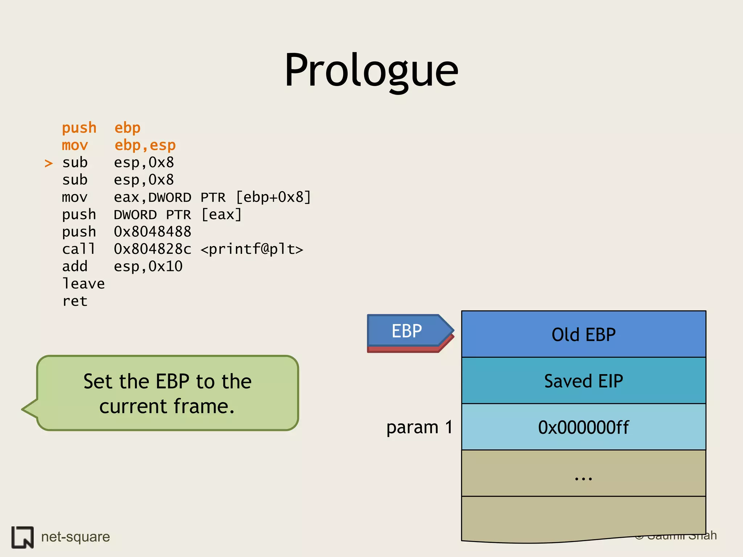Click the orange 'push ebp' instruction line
(x=101, y=128)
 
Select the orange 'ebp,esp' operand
(x=145, y=145)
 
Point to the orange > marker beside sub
(x=49, y=163)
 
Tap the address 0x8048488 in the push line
(x=152, y=232)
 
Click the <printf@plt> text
(x=251, y=249)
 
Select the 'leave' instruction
(x=83, y=284)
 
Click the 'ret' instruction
(x=75, y=301)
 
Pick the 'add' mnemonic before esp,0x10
(x=75, y=267)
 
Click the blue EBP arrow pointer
(x=407, y=331)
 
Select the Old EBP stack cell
(x=583, y=334)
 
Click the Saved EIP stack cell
(x=583, y=381)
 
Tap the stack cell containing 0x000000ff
(x=583, y=427)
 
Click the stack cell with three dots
(x=583, y=474)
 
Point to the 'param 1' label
(x=419, y=427)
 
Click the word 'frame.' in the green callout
(x=204, y=406)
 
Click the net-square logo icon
(x=22, y=537)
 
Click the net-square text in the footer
(x=75, y=537)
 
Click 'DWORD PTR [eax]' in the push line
(x=178, y=215)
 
